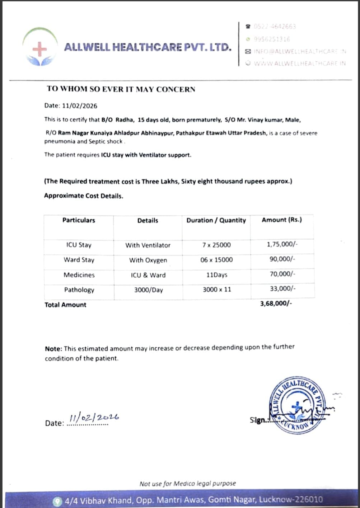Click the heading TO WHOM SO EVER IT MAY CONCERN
pos(121,89)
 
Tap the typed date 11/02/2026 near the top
pos(79,106)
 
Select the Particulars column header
pos(79,220)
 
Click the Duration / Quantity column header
pos(216,220)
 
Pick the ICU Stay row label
pos(79,245)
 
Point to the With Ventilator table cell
pos(148,245)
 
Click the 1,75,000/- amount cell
pos(282,244)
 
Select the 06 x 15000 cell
pos(216,260)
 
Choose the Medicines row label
pos(79,275)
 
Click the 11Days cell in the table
pos(216,275)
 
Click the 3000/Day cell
pos(148,290)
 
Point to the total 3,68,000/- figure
pos(276,304)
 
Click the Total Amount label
pos(65,305)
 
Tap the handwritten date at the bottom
pos(94,418)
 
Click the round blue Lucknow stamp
pos(296,404)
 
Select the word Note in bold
pos(53,349)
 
